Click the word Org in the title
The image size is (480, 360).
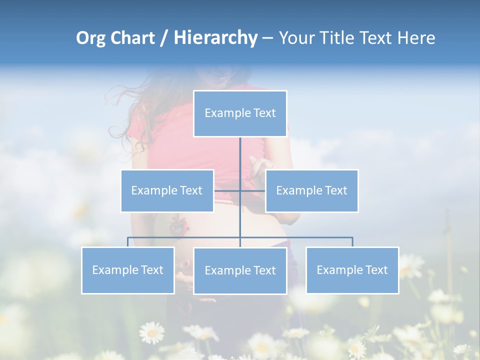[91, 38]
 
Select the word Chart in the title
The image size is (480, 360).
[132, 38]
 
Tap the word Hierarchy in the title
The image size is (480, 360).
[215, 38]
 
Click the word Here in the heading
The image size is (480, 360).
[416, 38]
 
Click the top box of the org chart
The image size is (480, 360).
[240, 113]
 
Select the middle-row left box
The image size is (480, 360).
[167, 190]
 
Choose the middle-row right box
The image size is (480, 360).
[311, 190]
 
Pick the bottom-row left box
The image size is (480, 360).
[128, 270]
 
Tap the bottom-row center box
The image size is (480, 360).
[240, 270]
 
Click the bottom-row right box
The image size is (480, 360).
[352, 270]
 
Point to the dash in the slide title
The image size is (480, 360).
[267, 38]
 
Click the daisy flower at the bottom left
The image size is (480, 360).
[151, 332]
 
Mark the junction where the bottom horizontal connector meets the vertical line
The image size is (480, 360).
[240, 237]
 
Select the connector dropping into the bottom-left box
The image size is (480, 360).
[128, 242]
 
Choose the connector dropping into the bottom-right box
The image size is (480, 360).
[352, 242]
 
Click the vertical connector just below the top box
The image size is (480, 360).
[240, 150]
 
